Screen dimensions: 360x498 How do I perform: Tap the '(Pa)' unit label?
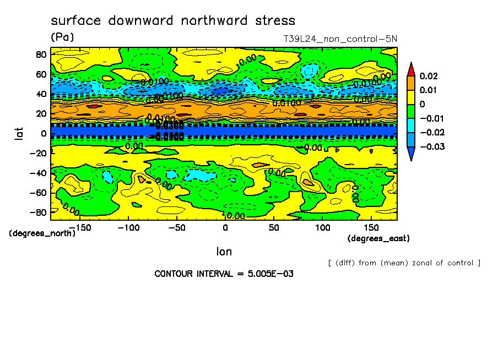[x=62, y=37]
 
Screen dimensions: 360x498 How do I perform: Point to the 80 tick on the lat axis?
[x=41, y=54]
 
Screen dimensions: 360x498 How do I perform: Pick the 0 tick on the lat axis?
[x=43, y=133]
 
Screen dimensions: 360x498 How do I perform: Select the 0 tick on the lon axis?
[x=225, y=227]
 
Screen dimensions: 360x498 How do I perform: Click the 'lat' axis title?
[x=18, y=133]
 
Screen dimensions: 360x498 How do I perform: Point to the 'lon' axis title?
[x=224, y=252]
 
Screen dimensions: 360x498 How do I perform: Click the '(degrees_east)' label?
[x=378, y=238]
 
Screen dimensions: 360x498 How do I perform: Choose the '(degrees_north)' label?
[x=42, y=233]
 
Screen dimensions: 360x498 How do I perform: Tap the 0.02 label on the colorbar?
[x=428, y=75]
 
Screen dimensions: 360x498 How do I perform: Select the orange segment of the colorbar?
[x=411, y=83]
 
